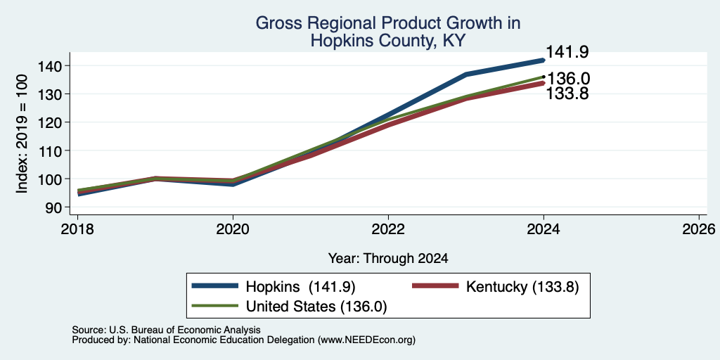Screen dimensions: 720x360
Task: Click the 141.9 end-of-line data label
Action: click(x=567, y=52)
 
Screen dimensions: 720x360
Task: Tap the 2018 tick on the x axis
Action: click(x=77, y=229)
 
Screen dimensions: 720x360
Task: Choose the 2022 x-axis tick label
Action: click(x=388, y=229)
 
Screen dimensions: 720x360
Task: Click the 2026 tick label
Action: click(x=699, y=229)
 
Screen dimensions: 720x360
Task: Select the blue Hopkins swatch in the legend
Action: click(x=215, y=286)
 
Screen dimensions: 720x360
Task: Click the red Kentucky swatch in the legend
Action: click(x=436, y=286)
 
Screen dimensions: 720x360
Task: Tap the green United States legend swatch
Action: click(x=215, y=306)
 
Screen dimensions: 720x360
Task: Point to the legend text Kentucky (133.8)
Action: click(x=522, y=287)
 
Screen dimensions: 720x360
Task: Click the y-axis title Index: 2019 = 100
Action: click(x=22, y=134)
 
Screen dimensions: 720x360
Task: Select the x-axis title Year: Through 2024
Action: click(x=388, y=259)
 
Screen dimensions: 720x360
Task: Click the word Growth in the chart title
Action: click(x=463, y=23)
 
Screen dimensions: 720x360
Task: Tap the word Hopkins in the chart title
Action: click(x=338, y=41)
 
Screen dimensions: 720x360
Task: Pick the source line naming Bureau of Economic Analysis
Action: click(x=166, y=330)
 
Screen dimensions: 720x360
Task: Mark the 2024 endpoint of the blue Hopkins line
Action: click(x=544, y=60)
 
